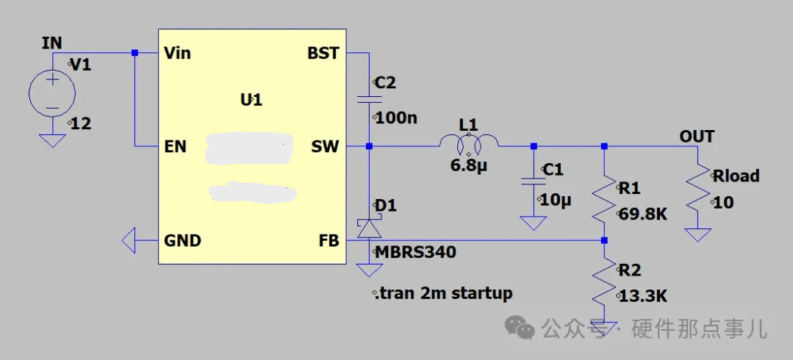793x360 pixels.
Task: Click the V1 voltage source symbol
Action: click(52, 93)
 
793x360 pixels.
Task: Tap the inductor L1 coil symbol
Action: click(468, 143)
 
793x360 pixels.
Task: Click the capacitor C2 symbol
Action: click(368, 98)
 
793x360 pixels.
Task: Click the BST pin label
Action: click(323, 54)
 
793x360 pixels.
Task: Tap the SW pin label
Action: click(326, 147)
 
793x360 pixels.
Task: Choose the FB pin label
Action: click(329, 240)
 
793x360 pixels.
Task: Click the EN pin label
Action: click(176, 147)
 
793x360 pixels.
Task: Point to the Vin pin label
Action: click(178, 54)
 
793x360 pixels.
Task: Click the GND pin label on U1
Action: click(182, 240)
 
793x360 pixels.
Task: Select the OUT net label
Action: click(697, 137)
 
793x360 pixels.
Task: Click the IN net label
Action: click(52, 43)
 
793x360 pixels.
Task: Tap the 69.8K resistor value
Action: click(642, 215)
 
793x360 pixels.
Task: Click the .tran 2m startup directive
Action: click(443, 294)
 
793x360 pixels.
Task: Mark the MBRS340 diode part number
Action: click(415, 253)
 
